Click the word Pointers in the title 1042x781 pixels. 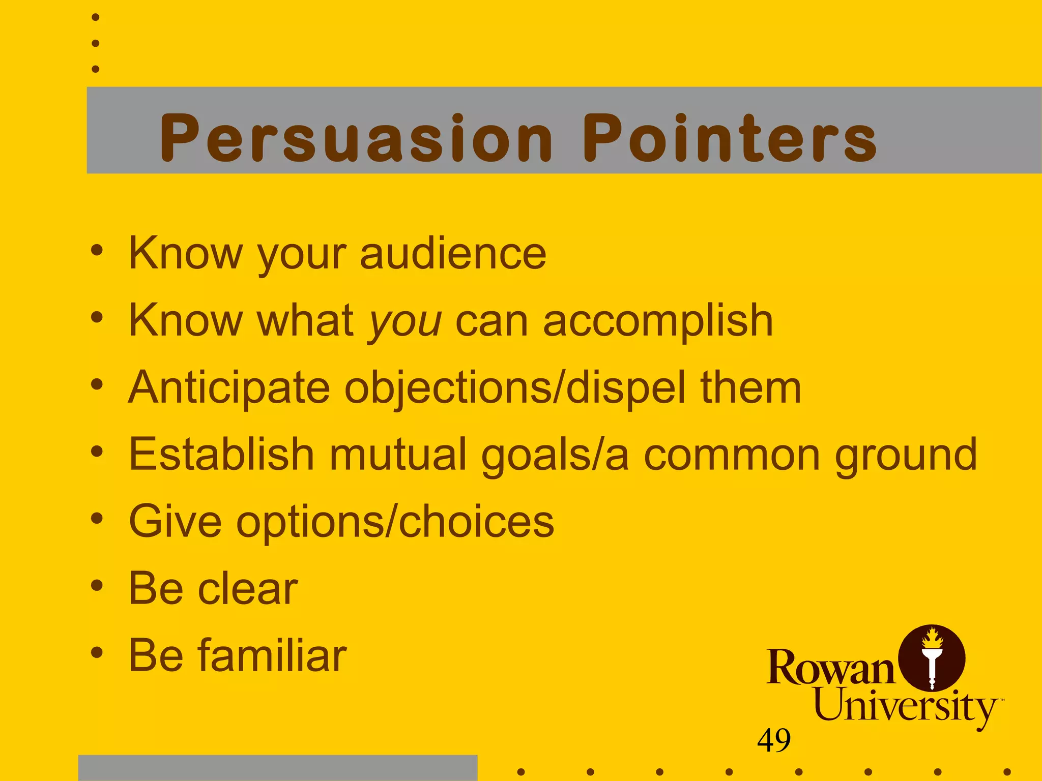click(730, 138)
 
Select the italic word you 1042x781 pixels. click(405, 321)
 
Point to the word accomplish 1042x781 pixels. click(658, 321)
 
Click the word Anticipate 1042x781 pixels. click(229, 388)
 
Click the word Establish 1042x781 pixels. click(221, 455)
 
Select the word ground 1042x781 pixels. click(906, 456)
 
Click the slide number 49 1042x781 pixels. click(774, 740)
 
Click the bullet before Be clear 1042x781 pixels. click(97, 586)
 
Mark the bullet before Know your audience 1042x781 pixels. click(97, 250)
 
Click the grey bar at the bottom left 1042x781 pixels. click(277, 768)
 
